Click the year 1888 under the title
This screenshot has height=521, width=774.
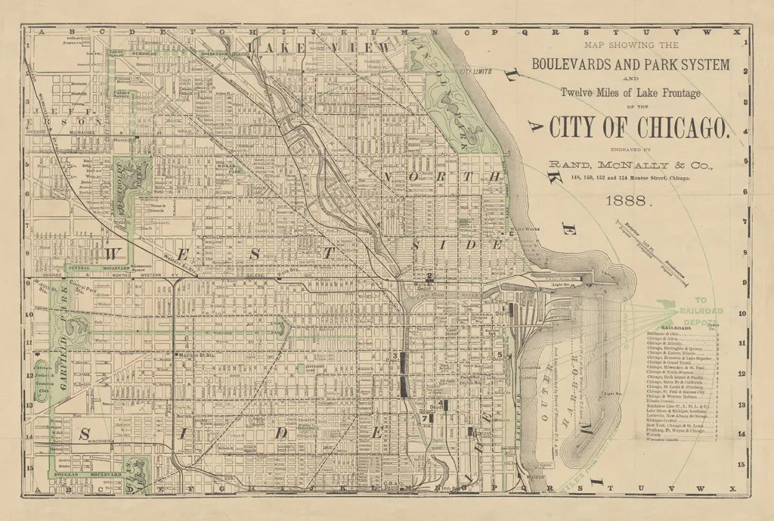629,201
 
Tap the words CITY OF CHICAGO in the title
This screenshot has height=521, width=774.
640,128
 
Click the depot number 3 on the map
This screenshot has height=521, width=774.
395,355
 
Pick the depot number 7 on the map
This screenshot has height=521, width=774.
426,417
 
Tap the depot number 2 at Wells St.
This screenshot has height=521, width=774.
429,277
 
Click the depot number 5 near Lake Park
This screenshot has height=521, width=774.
500,355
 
